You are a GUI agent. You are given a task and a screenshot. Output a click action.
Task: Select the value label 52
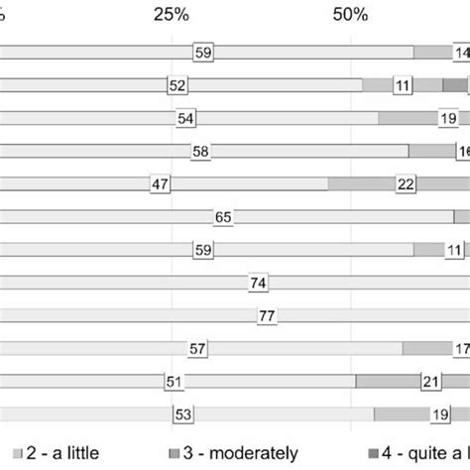click(178, 86)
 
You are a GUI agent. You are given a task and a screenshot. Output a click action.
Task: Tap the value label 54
click(186, 119)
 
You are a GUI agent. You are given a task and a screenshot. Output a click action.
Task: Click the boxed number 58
click(200, 152)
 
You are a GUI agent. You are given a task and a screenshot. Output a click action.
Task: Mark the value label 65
click(223, 217)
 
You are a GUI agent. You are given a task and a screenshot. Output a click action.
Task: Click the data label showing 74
click(259, 284)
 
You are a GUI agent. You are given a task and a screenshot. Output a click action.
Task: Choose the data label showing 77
click(267, 316)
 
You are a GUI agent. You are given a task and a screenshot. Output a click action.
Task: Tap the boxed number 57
click(197, 348)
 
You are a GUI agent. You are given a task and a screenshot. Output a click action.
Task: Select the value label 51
click(176, 382)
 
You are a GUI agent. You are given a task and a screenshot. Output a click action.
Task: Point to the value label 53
click(182, 414)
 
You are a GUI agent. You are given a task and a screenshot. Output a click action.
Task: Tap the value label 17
click(462, 348)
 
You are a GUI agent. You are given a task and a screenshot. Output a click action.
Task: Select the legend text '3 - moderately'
click(245, 452)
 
